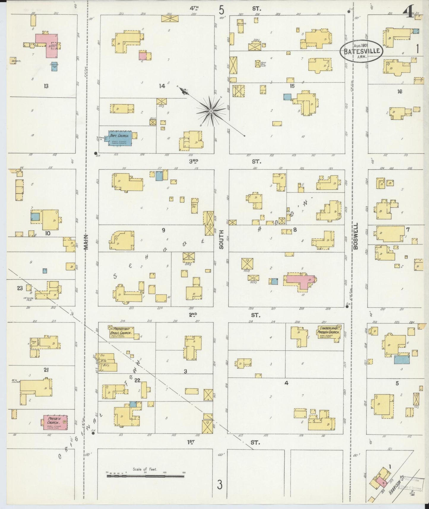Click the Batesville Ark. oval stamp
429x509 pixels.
pyautogui.click(x=361, y=50)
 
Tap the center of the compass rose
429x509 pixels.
pyautogui.click(x=210, y=111)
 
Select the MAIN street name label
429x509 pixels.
pyautogui.click(x=87, y=242)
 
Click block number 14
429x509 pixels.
pyautogui.click(x=162, y=86)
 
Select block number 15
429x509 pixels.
pyautogui.click(x=292, y=86)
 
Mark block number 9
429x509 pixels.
pyautogui.click(x=163, y=230)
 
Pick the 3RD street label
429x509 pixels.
pyautogui.click(x=193, y=161)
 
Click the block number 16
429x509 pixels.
pyautogui.click(x=400, y=91)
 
